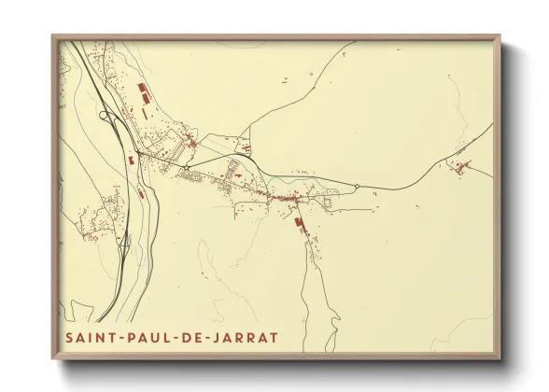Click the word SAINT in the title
(89, 335)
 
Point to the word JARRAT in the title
(245, 335)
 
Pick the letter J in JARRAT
(214, 335)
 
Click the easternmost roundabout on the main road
(356, 187)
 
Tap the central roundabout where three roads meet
(187, 168)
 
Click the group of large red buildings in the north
(145, 92)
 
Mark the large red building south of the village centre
(300, 224)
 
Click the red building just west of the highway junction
(130, 161)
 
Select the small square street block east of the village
(327, 199)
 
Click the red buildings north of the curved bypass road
(245, 147)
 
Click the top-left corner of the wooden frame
(53, 37)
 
